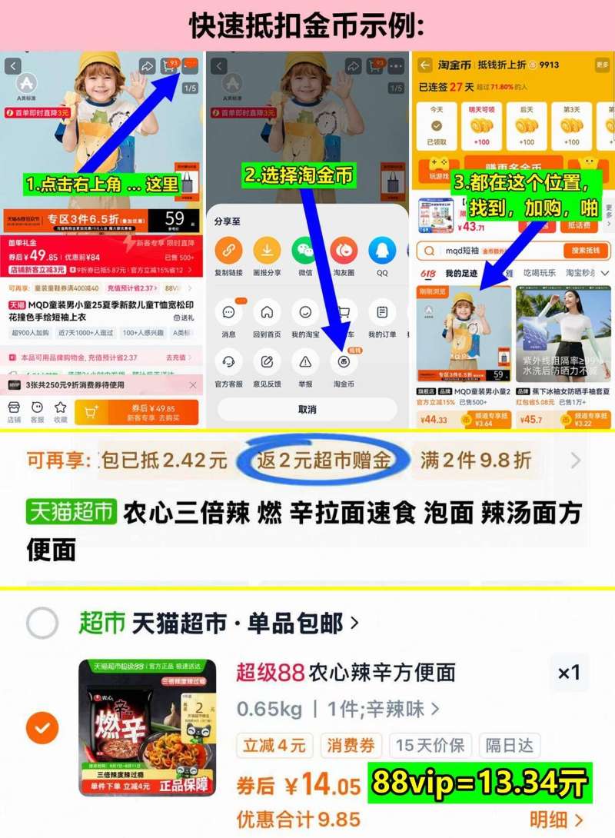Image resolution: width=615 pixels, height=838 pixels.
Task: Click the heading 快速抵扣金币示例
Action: pos(307,25)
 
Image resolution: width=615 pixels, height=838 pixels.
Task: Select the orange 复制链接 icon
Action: pos(228,251)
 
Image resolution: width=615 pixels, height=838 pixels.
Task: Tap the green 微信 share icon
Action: pos(305,251)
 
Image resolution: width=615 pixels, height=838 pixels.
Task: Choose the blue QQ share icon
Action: pos(382,251)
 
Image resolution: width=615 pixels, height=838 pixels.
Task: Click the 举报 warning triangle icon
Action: pos(305,361)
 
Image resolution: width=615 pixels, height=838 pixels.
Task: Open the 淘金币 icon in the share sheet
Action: pos(344,361)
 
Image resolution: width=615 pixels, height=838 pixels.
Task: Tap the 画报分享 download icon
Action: pos(267,251)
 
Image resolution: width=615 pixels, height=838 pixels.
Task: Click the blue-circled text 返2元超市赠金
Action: pos(324,461)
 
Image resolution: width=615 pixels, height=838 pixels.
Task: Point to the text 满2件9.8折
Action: pos(476,461)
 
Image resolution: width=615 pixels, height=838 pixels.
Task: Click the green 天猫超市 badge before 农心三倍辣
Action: pos(71,512)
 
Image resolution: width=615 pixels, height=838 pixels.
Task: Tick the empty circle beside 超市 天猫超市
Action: pos(42,623)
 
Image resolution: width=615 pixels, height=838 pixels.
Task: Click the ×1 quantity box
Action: pos(569,673)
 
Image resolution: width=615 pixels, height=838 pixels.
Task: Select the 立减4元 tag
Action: pos(274,745)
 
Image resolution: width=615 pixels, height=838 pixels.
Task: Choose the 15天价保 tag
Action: pos(430,745)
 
